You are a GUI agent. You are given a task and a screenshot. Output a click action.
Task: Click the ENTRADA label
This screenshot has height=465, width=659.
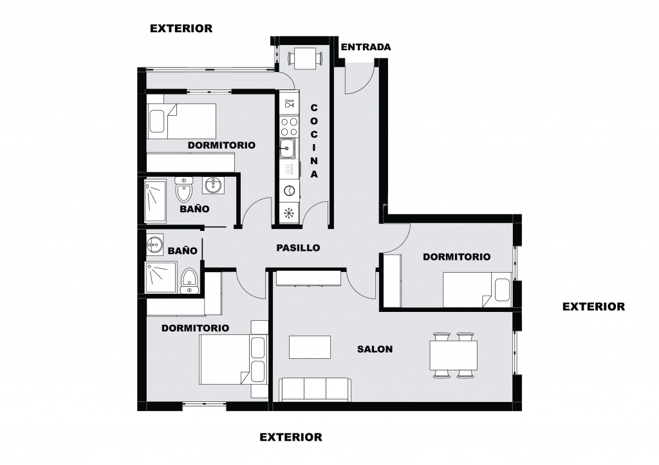point(366,47)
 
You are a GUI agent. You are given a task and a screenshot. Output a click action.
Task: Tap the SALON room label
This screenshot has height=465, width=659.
point(375,349)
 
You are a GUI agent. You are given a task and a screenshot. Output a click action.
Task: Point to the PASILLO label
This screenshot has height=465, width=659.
point(298,248)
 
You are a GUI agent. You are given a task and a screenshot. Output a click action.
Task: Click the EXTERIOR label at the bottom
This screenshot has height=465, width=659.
point(291,437)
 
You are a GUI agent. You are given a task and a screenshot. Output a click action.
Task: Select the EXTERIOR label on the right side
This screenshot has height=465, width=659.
point(593,307)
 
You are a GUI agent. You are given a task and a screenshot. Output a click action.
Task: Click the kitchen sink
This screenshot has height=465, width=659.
point(288,148)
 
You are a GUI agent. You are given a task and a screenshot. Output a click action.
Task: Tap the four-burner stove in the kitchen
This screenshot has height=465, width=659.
point(289,127)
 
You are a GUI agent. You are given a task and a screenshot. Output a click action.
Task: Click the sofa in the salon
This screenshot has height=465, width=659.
point(315,389)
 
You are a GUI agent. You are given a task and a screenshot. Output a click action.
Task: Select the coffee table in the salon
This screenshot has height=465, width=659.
point(310,347)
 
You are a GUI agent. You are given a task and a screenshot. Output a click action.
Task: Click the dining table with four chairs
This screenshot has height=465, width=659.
point(454,355)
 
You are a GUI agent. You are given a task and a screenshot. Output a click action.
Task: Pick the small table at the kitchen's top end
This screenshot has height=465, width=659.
point(304,58)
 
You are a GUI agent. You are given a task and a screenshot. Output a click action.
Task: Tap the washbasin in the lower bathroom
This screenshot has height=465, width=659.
point(154,244)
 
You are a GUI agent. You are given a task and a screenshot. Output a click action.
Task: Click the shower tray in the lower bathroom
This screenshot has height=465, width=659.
point(160,277)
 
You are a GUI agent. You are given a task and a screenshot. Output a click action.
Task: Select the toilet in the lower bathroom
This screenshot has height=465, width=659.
point(189,281)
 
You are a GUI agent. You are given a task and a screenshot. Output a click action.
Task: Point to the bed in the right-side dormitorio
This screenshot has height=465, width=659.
point(477,289)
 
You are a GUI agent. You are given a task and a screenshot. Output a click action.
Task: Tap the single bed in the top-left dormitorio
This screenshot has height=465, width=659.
point(181,121)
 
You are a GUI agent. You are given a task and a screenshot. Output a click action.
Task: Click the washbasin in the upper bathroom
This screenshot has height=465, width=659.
point(214,185)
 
